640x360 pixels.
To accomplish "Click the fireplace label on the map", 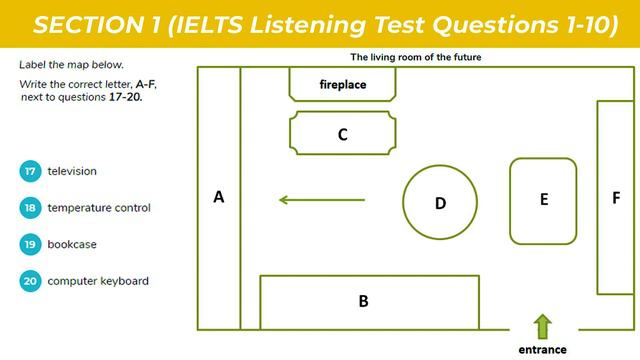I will pyautogui.click(x=342, y=85).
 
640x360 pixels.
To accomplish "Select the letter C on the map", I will pyautogui.click(x=342, y=135).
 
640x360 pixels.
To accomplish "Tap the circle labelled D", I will pyautogui.click(x=440, y=203).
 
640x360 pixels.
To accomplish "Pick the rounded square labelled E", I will pyautogui.click(x=543, y=200).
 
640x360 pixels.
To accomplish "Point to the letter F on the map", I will pyautogui.click(x=616, y=198).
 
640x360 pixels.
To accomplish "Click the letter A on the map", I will pyautogui.click(x=219, y=198).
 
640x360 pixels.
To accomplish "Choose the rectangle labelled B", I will pyautogui.click(x=363, y=301).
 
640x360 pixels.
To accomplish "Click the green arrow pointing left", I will pyautogui.click(x=321, y=200).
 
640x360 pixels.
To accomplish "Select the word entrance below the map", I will pyautogui.click(x=542, y=350).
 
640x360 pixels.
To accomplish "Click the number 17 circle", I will pyautogui.click(x=30, y=171).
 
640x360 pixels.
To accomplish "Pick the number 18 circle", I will pyautogui.click(x=30, y=208).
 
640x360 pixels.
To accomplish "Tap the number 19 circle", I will pyautogui.click(x=30, y=244).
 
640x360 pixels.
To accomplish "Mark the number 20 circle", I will pyautogui.click(x=30, y=281).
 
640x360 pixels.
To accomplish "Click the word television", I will pyautogui.click(x=72, y=171).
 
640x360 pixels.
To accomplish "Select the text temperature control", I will pyautogui.click(x=99, y=208).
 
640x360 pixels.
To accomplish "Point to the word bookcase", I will pyautogui.click(x=72, y=244).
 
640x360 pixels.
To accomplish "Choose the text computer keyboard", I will pyautogui.click(x=98, y=281).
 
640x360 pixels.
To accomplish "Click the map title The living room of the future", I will pyautogui.click(x=416, y=57).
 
